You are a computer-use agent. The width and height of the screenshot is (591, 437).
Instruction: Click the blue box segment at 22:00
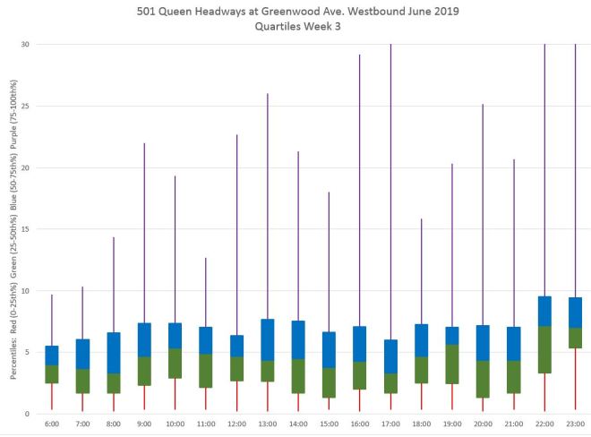coord(544,311)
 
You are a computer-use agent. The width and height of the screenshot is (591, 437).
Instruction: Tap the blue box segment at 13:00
coord(267,339)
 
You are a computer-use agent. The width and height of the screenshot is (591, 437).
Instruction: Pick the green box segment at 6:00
coord(52,374)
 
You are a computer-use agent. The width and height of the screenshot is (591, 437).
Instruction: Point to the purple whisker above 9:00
coord(144,233)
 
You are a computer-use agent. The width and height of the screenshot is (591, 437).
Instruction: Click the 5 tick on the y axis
coord(27,352)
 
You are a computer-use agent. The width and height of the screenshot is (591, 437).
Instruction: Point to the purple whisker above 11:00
coord(206,292)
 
